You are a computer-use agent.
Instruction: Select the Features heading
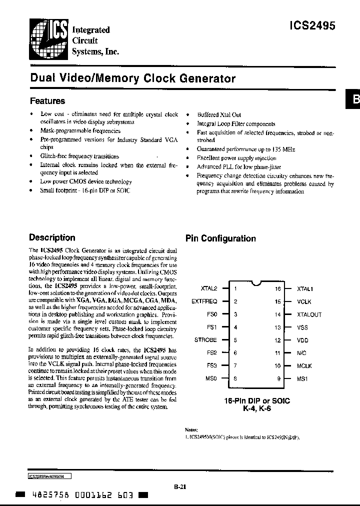47,100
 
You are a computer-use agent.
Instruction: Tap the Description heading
52,237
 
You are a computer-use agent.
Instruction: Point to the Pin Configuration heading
220,238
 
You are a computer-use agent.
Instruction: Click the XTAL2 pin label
208,288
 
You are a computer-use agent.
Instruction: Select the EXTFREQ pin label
204,301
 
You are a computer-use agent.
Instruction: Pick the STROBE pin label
205,340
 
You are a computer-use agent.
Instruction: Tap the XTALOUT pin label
309,314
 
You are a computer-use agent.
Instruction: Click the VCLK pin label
304,301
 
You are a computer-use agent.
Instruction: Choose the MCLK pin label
304,366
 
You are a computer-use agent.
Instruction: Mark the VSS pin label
303,327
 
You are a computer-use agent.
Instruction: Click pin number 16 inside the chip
278,288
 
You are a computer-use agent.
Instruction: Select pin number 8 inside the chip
235,379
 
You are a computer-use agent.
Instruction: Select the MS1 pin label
303,379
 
